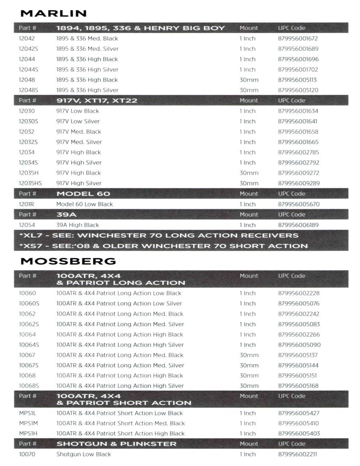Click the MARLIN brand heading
pos(53,14)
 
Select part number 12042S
pos(28,49)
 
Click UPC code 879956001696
pos(298,59)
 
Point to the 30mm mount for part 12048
pos(249,80)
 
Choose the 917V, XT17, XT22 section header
pos(97,100)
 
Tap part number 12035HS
pos(30,183)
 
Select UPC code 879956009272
pos(298,173)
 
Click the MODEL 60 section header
pos(83,194)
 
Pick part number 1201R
pos(26,204)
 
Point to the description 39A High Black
pos(78,225)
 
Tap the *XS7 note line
pos(163,246)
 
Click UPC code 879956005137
pos(298,355)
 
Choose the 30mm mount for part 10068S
pos(249,386)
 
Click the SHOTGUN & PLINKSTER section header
pos(116,444)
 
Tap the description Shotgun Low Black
pos(83,454)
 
